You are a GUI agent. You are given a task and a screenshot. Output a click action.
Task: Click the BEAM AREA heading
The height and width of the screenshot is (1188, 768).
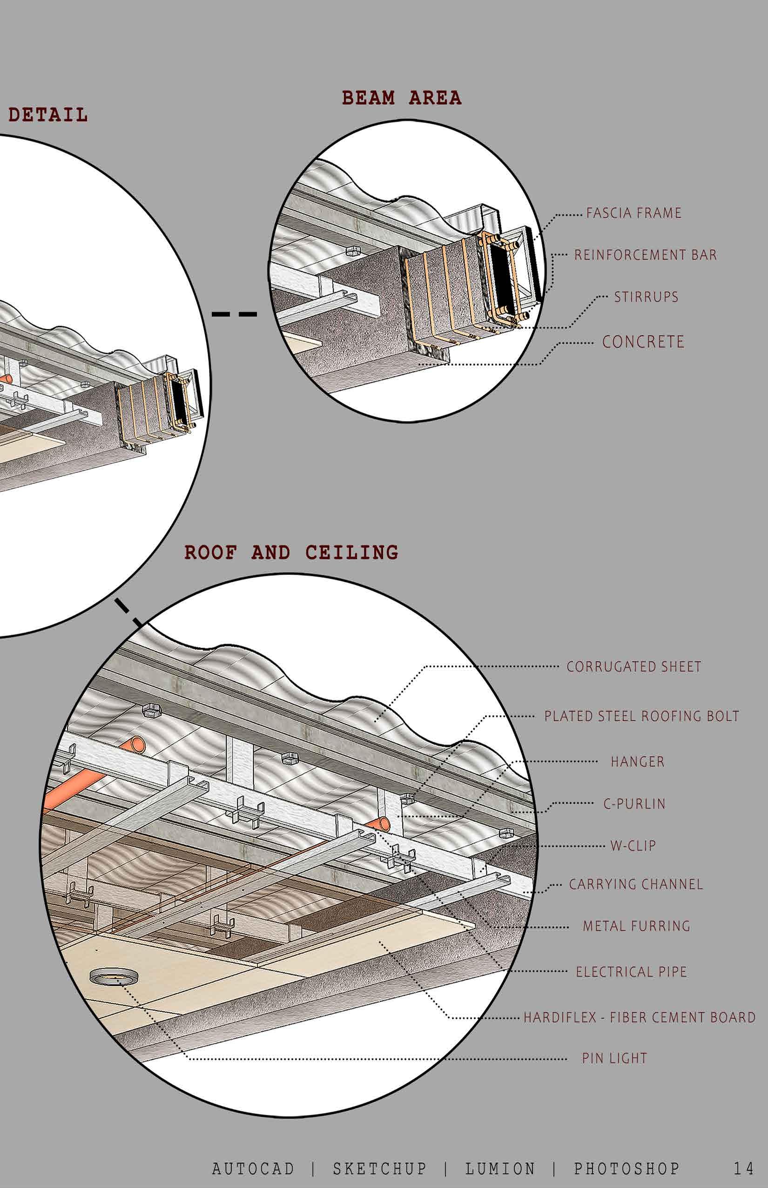[x=401, y=98]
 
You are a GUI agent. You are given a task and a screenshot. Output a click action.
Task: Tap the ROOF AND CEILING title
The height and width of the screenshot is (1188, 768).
[x=291, y=553]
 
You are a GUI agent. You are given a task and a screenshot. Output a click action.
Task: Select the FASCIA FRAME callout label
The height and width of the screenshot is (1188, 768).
[x=633, y=213]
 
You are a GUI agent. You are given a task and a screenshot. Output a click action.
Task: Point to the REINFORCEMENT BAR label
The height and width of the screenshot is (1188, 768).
[x=645, y=255]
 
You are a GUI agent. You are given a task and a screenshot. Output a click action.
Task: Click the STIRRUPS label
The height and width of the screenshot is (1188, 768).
[x=646, y=297]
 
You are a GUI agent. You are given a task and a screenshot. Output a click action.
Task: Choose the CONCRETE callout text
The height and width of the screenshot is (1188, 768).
[x=643, y=342]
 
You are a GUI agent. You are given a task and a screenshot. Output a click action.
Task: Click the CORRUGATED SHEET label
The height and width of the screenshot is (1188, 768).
[x=633, y=667]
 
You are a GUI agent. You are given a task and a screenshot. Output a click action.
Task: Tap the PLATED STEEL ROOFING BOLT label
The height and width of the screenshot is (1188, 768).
[x=641, y=717]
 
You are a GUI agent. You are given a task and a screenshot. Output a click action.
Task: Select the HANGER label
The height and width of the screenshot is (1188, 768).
[x=637, y=762]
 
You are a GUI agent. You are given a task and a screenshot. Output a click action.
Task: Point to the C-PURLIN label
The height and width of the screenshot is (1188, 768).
[x=634, y=804]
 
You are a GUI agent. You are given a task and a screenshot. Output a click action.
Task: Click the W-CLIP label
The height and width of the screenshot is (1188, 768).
[x=633, y=846]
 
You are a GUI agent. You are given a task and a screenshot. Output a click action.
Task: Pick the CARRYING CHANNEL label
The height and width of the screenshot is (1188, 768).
[x=636, y=885]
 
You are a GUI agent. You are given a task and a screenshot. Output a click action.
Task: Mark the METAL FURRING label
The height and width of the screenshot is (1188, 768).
[x=636, y=927]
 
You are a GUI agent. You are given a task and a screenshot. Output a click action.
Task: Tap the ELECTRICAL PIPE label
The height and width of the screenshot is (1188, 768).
[x=631, y=972]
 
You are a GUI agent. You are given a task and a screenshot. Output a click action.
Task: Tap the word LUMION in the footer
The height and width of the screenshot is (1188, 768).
[x=500, y=1168]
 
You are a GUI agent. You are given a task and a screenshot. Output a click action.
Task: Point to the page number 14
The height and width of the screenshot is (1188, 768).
[x=743, y=1168]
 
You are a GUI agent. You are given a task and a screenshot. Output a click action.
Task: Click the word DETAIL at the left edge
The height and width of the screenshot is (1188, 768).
[x=48, y=116]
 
